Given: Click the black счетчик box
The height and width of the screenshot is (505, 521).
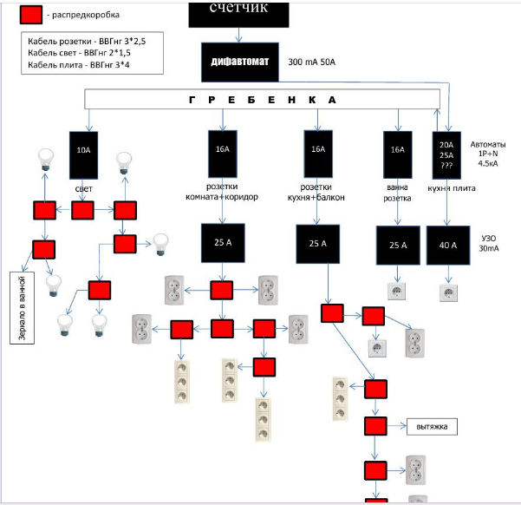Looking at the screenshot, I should click(x=232, y=11).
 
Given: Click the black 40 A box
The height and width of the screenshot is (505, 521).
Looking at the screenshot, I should click(x=448, y=246).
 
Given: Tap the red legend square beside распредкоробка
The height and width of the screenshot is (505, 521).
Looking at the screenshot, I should click(x=31, y=15).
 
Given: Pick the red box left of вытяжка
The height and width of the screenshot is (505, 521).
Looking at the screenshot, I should click(x=374, y=426).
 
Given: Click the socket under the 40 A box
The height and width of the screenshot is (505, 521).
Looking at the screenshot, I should click(x=448, y=292).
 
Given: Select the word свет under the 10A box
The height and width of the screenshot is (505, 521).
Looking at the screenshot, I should click(x=84, y=187).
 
